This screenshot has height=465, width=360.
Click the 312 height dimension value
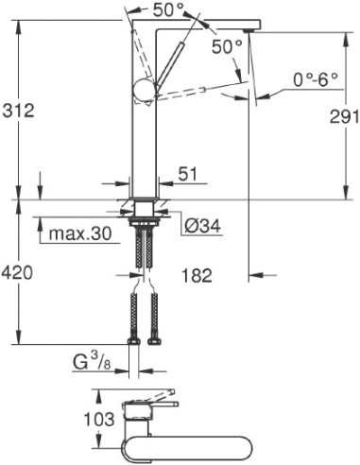tap(19, 111)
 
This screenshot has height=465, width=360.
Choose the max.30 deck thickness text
tap(80, 232)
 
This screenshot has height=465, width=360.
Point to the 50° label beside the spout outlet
tap(226, 46)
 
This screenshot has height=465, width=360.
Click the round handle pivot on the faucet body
tap(143, 91)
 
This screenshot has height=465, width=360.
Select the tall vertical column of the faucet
tap(144, 142)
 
